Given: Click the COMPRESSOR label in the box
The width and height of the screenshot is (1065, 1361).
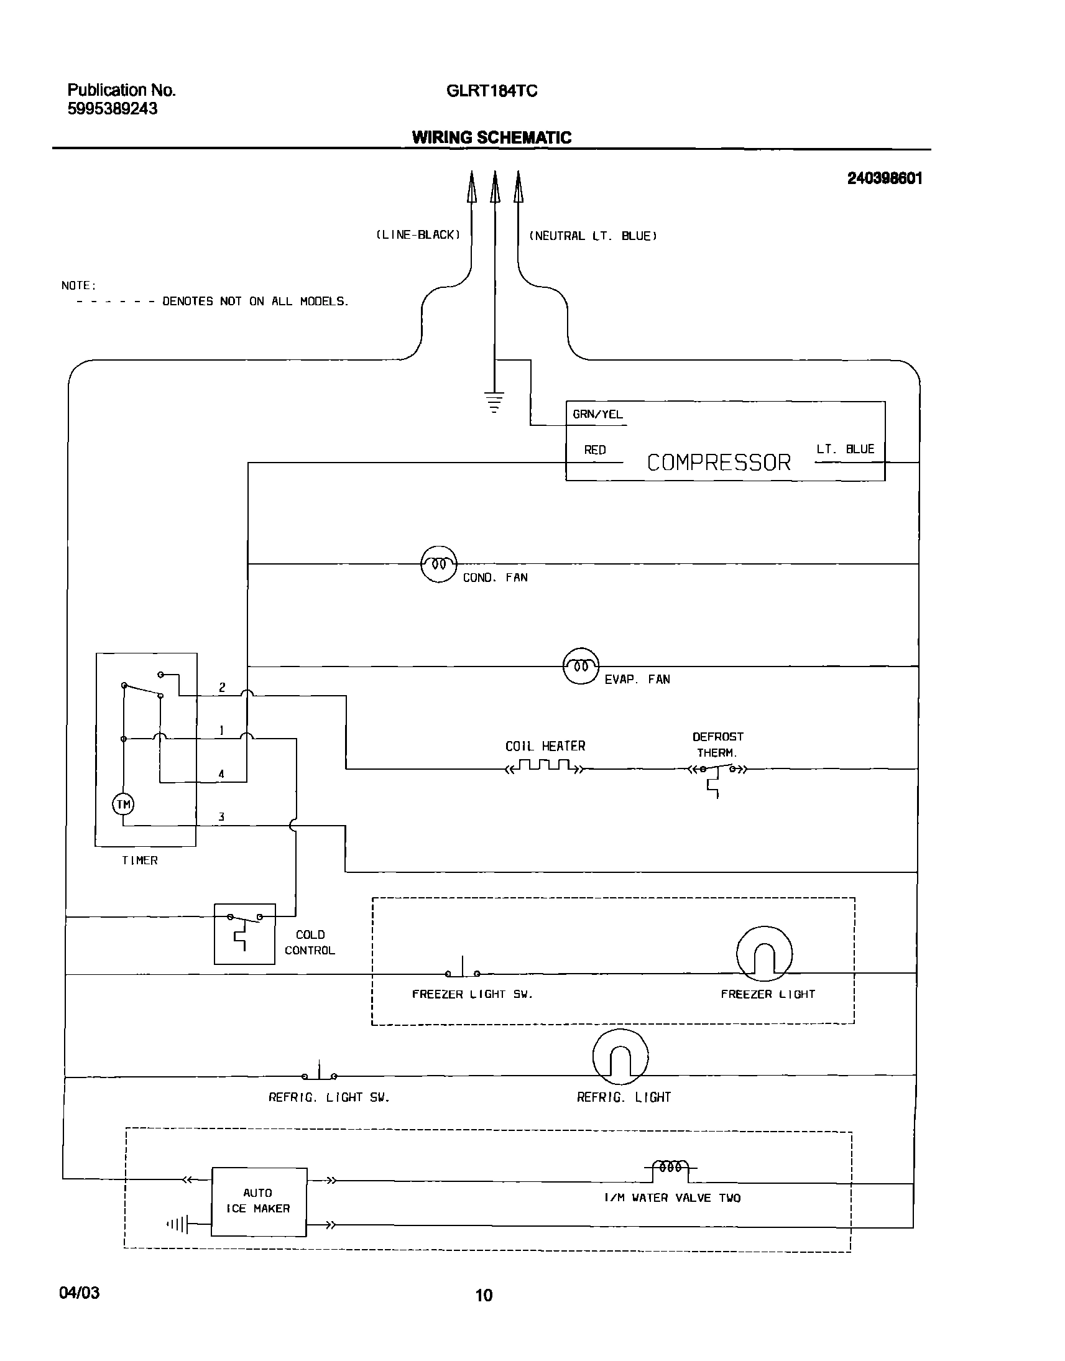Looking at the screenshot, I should (x=718, y=463).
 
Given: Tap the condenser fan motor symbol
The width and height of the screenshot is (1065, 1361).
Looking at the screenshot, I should (x=439, y=563).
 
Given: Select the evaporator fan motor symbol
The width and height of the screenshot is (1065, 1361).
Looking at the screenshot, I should (x=581, y=666).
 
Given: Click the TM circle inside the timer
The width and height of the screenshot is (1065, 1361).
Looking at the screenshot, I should (x=123, y=805).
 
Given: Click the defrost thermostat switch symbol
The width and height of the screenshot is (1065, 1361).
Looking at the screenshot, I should (x=716, y=773).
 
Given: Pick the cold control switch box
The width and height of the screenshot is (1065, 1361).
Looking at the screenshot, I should (x=244, y=933).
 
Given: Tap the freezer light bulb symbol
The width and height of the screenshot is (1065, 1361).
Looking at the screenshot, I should (x=764, y=954).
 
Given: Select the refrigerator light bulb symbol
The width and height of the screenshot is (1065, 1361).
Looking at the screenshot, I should (x=620, y=1057).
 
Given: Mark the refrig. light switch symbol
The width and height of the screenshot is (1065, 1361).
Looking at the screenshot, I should (x=319, y=1073).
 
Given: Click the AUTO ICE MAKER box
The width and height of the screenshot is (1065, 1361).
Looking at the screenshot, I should (x=259, y=1201).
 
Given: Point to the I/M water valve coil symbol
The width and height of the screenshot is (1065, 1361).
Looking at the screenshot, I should (x=670, y=1167).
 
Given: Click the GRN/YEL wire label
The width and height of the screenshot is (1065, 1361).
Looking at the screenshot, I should (x=597, y=414).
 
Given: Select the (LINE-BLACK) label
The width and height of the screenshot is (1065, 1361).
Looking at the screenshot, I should (x=418, y=235).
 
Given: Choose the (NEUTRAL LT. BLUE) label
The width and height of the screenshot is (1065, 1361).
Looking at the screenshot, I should (x=592, y=236).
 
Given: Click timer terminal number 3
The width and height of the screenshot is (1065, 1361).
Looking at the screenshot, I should (x=221, y=817).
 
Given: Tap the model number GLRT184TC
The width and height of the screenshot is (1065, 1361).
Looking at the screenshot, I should (x=491, y=91).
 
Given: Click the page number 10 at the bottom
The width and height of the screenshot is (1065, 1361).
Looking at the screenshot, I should (x=484, y=1296).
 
